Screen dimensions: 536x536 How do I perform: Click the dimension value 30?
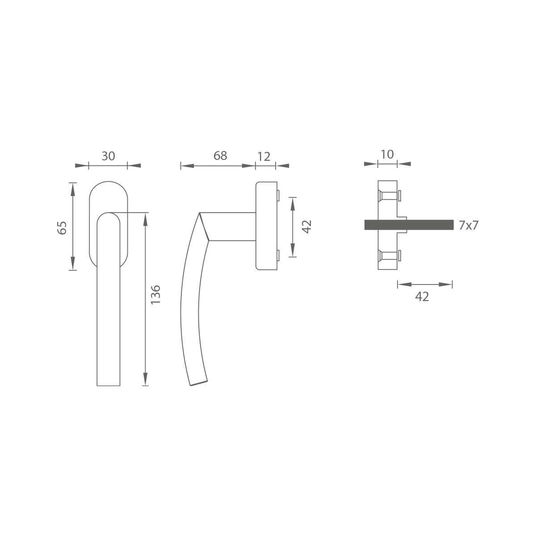108,156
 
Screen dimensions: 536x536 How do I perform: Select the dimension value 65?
62,228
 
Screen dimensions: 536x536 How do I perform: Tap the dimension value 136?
155,294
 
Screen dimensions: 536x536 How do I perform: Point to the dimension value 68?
220,156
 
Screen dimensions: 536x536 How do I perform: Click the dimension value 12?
264,157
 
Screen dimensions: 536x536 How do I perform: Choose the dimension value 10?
387,155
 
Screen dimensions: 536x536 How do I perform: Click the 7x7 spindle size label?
469,225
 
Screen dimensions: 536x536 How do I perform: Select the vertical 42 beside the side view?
307,227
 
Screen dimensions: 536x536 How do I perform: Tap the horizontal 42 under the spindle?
422,297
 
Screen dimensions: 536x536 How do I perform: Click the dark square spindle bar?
409,225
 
